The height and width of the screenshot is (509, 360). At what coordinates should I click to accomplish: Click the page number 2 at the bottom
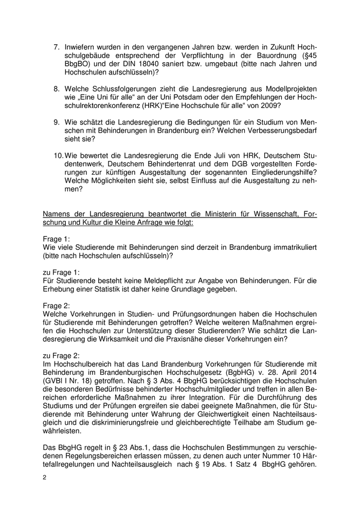[x=45, y=477]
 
